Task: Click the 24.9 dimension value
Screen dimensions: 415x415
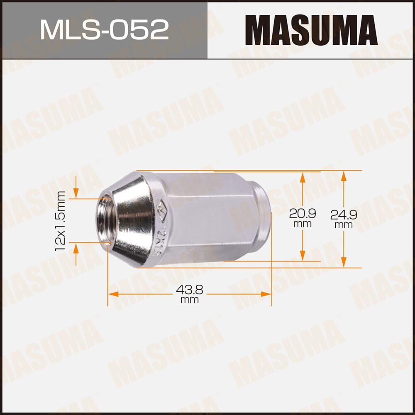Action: [x=344, y=215]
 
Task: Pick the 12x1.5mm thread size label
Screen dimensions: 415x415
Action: [x=61, y=220]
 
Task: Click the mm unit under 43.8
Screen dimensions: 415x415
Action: [x=189, y=300]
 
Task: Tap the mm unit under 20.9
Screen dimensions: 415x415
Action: [x=303, y=224]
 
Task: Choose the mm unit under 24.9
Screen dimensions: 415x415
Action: [x=344, y=225]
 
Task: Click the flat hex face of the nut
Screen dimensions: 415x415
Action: [x=207, y=220]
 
